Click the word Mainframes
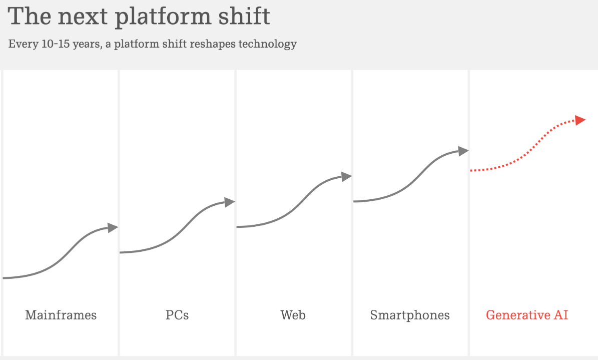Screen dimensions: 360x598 pyautogui.click(x=61, y=315)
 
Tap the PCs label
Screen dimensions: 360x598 pyautogui.click(x=177, y=315)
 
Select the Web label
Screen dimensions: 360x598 pyautogui.click(x=293, y=315)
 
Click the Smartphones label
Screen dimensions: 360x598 pyautogui.click(x=410, y=315)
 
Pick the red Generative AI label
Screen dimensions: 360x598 pyautogui.click(x=527, y=315)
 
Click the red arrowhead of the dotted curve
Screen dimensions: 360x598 pyautogui.click(x=580, y=120)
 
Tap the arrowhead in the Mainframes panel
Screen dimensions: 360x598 pyautogui.click(x=113, y=228)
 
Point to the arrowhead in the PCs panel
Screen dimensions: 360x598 pyautogui.click(x=229, y=202)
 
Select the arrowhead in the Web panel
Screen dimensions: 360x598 pyautogui.click(x=346, y=176)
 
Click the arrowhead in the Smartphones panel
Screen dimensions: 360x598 pyautogui.click(x=463, y=151)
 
